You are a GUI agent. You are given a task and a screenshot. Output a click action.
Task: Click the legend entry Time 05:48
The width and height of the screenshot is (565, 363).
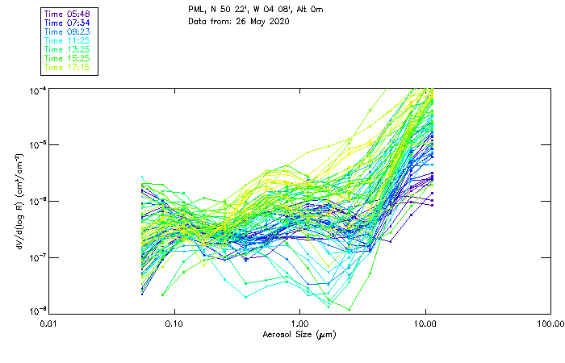[67, 15]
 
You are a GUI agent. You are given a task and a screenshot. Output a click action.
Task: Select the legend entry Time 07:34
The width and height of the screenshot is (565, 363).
[67, 23]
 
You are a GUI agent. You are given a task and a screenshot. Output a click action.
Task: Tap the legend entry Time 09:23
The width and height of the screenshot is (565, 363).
[67, 32]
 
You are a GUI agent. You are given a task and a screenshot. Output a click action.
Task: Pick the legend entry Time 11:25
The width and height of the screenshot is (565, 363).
[67, 40]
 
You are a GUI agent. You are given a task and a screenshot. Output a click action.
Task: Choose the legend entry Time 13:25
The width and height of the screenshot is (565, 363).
[67, 49]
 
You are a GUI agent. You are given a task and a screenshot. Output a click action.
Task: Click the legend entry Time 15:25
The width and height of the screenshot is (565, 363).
[67, 58]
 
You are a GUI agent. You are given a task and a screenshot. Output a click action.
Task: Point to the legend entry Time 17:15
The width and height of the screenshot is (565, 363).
[67, 67]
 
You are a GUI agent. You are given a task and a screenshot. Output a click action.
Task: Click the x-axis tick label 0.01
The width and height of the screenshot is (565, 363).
[48, 323]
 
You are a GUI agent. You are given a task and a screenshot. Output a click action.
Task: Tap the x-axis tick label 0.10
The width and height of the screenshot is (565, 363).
[174, 323]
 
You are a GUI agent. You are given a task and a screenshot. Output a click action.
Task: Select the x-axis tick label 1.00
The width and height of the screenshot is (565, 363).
[299, 323]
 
